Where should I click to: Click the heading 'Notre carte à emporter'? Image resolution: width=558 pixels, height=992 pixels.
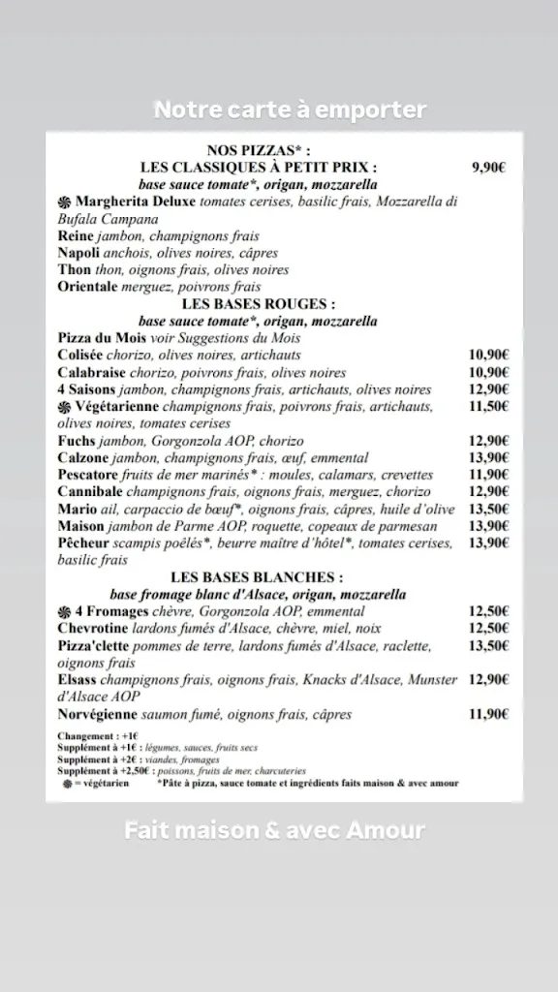tap(290, 110)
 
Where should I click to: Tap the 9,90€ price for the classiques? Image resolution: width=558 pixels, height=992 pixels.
tap(489, 167)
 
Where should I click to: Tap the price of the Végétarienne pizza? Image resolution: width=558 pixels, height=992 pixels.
tap(489, 407)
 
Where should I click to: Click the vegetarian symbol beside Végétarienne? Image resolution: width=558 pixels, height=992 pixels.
tap(65, 407)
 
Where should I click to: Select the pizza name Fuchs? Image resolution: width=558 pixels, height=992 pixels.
tap(76, 441)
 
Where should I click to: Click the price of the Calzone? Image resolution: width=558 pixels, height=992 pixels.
tap(489, 457)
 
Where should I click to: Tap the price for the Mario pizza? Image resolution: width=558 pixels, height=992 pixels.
tap(489, 509)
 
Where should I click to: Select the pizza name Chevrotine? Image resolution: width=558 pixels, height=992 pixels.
tap(93, 629)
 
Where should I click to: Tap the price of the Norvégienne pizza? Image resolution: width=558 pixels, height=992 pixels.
tap(489, 715)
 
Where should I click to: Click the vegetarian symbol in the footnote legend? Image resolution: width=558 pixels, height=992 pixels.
tap(67, 783)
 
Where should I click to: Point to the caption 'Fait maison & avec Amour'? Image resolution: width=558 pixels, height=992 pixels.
tap(274, 831)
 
